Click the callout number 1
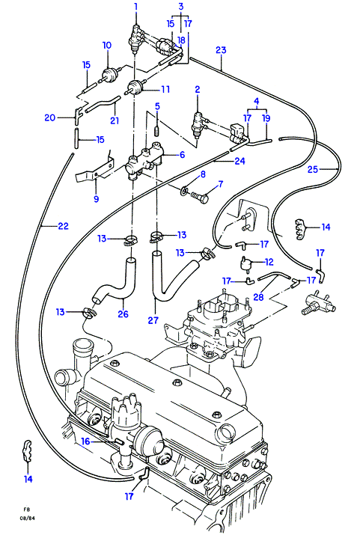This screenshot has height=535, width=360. click(135, 7)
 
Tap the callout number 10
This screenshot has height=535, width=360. click(107, 46)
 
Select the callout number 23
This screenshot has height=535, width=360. click(221, 50)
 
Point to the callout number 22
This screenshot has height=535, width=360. click(63, 226)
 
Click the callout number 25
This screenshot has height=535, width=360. click(313, 169)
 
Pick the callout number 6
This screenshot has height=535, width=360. click(182, 155)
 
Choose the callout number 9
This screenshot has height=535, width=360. click(96, 198)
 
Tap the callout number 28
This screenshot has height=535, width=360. click(258, 297)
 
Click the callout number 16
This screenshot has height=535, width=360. click(85, 441)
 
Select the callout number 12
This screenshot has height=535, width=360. click(269, 262)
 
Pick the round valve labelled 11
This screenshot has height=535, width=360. click(135, 87)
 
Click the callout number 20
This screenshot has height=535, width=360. click(50, 117)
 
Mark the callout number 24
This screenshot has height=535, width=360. click(240, 161)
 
